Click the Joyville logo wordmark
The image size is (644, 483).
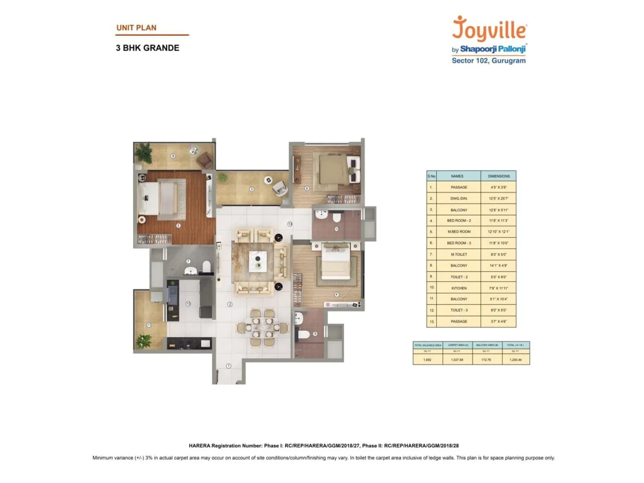[x=489, y=29]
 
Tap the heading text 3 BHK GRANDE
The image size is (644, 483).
[x=147, y=48]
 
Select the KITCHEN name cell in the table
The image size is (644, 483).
[x=458, y=288]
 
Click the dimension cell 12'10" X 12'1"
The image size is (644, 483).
[x=498, y=232]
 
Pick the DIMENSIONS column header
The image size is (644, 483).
[x=498, y=176]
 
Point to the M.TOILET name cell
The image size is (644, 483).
[x=458, y=254]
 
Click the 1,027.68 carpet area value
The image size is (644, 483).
[x=457, y=359]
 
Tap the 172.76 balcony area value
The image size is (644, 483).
[x=486, y=359]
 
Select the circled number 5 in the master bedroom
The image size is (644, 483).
[x=178, y=226]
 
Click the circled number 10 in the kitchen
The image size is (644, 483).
[x=188, y=304]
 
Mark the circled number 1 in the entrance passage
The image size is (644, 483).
[x=229, y=366]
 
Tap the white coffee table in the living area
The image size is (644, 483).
[x=258, y=261]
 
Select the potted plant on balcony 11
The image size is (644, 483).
[x=143, y=341]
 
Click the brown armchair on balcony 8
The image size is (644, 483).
[x=205, y=160]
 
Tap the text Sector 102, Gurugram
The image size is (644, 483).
[x=488, y=61]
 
